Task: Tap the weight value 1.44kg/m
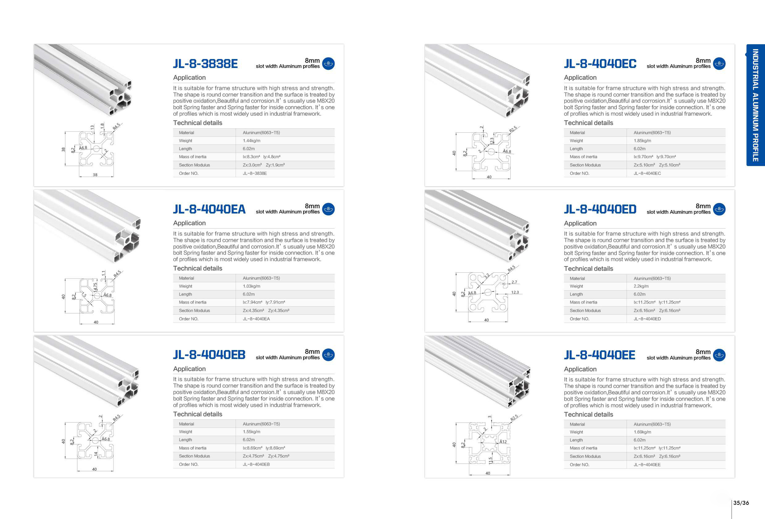[x=252, y=141]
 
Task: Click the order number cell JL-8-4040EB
[x=256, y=464]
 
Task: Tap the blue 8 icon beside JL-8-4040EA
[x=328, y=209]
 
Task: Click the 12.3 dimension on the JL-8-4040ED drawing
[x=515, y=292]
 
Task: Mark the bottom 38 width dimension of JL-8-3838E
[x=95, y=175]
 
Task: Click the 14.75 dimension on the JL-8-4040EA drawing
[x=95, y=287]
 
